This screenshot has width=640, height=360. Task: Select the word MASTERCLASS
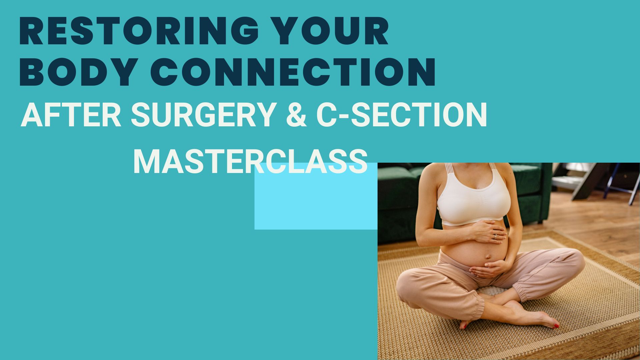[x=250, y=162]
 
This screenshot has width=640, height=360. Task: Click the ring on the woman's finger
[x=495, y=236]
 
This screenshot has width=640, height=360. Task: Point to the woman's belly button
[x=487, y=257]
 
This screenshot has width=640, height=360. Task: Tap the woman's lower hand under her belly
[x=490, y=268]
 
